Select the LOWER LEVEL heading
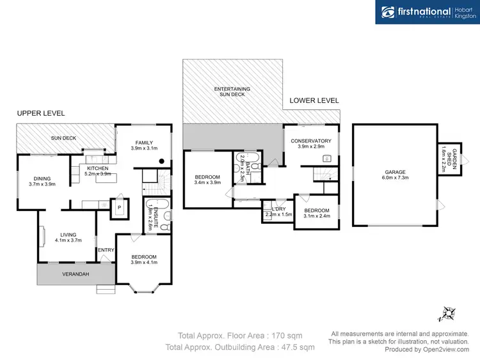pos(314,100)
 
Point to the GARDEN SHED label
pos(449,158)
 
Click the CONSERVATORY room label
pos(310,141)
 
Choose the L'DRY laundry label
pos(278,209)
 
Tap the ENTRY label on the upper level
pos(104,249)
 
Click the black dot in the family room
pos(162,161)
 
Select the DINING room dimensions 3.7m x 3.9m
pos(42,184)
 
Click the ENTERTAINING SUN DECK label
pos(232,91)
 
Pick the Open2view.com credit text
pos(440,349)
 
